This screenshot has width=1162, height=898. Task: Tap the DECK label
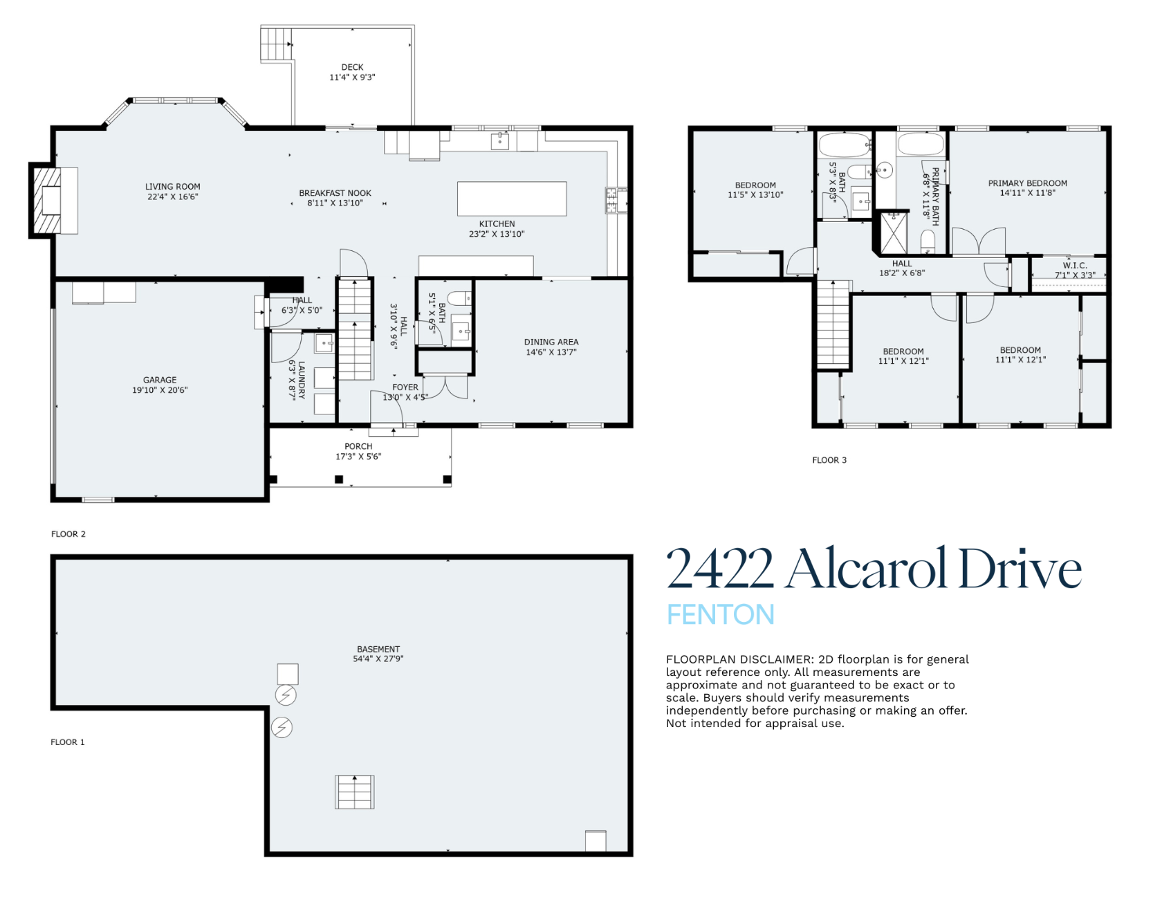point(352,67)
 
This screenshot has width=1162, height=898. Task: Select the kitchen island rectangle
point(512,199)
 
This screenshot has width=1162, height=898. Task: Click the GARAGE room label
point(160,380)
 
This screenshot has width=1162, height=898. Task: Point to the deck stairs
point(277,44)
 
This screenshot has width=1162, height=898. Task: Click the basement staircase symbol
point(355,792)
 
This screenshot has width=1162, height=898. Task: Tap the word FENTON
point(720,614)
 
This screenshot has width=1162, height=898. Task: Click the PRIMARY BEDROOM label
point(1027,183)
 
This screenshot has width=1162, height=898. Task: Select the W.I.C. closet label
point(1075,266)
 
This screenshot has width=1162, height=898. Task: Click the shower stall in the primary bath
point(892,233)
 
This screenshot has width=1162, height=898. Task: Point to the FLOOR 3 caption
point(829,460)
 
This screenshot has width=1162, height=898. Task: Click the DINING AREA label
point(551,342)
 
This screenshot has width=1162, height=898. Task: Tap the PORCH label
point(358,446)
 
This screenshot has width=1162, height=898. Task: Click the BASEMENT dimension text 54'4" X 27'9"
point(378,659)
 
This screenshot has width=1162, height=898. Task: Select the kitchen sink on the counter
point(500,141)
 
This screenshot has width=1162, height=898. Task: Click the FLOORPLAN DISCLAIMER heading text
point(739,659)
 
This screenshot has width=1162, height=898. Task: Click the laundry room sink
point(324,343)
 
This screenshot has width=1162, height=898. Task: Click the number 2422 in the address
point(719,569)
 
